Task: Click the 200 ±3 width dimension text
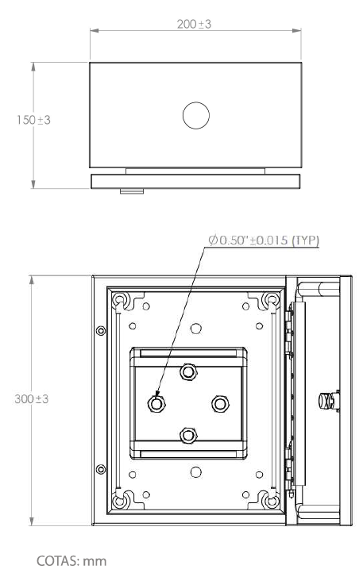point(194,24)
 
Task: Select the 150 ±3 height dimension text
point(33,120)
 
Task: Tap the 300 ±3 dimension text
point(32,398)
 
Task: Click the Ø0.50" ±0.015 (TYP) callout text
point(264,240)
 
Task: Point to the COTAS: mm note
point(71,561)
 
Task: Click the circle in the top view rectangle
point(196,116)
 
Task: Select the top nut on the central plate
point(188,372)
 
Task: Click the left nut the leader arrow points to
point(156,404)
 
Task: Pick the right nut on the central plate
point(220,404)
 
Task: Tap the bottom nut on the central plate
point(188,435)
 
